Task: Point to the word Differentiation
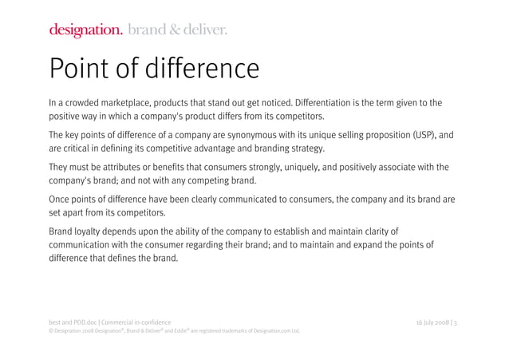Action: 332,103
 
